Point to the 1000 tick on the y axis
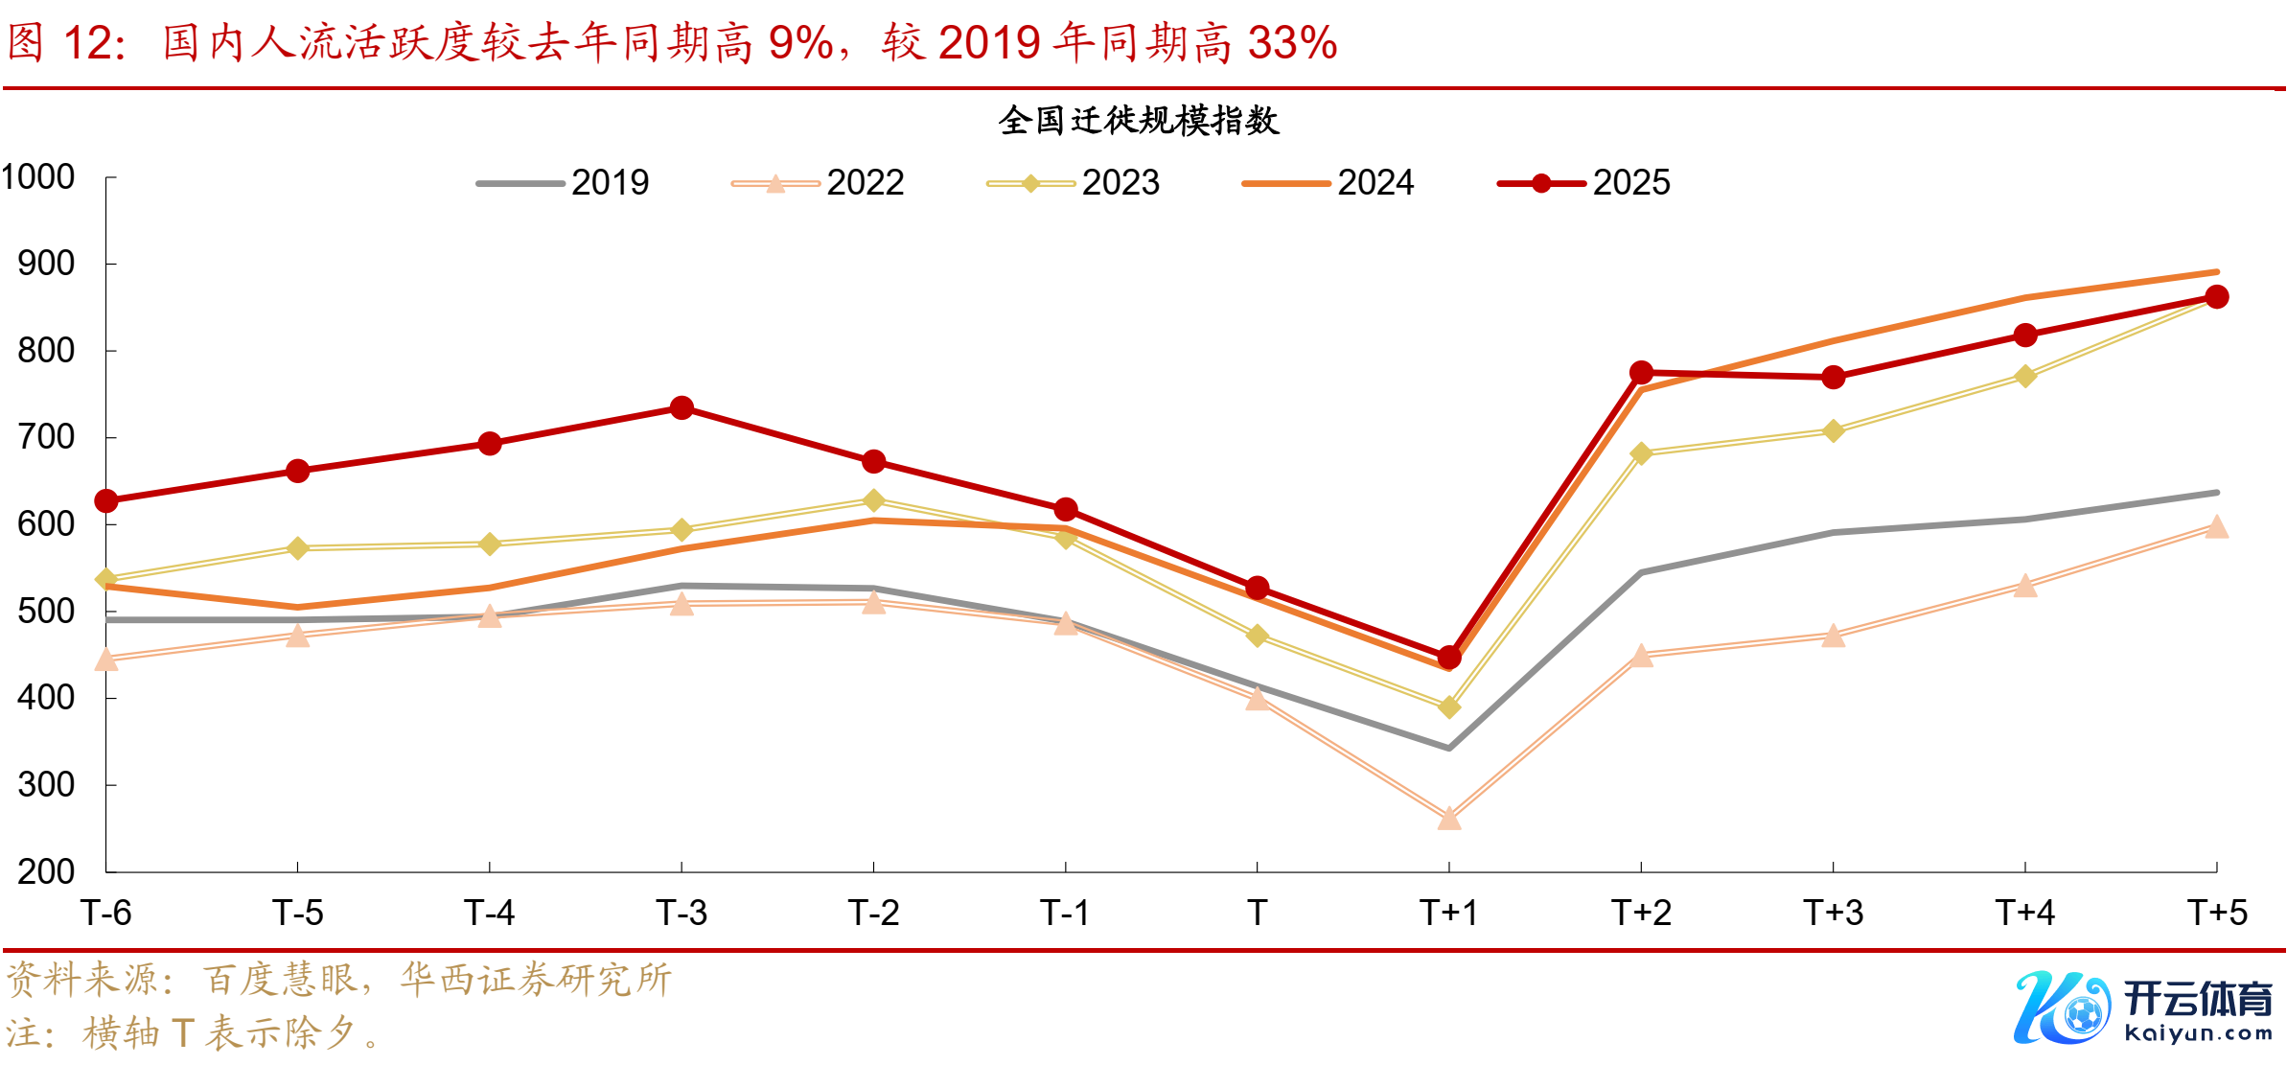point(38,177)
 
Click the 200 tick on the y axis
point(46,871)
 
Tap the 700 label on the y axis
point(46,437)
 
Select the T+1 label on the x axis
point(1448,913)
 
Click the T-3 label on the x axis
point(681,913)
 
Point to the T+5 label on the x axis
point(2216,913)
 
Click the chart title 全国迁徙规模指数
point(1138,121)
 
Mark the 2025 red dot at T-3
point(681,408)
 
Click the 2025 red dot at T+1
point(1449,658)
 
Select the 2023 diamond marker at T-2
point(873,500)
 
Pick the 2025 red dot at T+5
point(2216,297)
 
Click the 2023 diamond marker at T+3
point(1833,431)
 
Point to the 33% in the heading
point(1292,43)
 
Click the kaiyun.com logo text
point(2198,1033)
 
